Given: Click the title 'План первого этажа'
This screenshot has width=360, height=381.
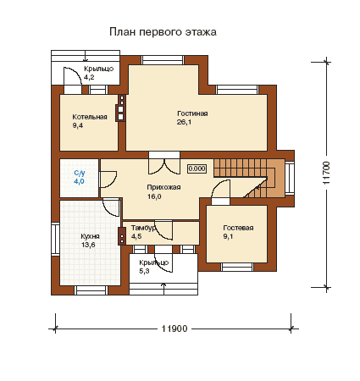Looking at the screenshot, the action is (163, 32).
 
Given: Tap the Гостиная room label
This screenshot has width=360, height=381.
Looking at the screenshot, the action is (192, 113).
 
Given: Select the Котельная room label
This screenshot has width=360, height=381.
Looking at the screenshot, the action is (90, 117).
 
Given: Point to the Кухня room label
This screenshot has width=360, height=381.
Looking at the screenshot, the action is (90, 236).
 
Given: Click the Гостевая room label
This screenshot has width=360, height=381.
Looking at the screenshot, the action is (238, 228).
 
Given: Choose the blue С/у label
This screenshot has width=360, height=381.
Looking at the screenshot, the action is (80, 173).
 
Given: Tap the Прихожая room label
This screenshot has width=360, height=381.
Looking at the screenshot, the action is (163, 187).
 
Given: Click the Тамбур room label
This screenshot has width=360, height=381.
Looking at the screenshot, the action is (143, 228).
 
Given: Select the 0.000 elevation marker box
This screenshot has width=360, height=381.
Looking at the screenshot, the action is (197, 168).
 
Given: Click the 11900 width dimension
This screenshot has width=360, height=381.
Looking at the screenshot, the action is (174, 329).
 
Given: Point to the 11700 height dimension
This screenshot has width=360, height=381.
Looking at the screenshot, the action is (326, 173).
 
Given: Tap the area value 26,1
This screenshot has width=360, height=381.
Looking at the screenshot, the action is (184, 122).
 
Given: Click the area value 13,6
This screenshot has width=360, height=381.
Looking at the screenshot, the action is (88, 245).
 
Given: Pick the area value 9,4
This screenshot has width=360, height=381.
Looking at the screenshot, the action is (78, 125).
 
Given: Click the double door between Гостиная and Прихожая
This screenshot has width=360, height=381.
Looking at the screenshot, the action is (164, 166).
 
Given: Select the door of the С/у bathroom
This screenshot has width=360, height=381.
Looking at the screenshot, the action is (108, 179).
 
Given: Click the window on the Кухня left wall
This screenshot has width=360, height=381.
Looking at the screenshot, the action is (55, 239).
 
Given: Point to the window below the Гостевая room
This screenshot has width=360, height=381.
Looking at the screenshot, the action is (237, 267).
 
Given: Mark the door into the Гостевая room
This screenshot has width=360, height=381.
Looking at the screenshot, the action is (220, 193).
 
